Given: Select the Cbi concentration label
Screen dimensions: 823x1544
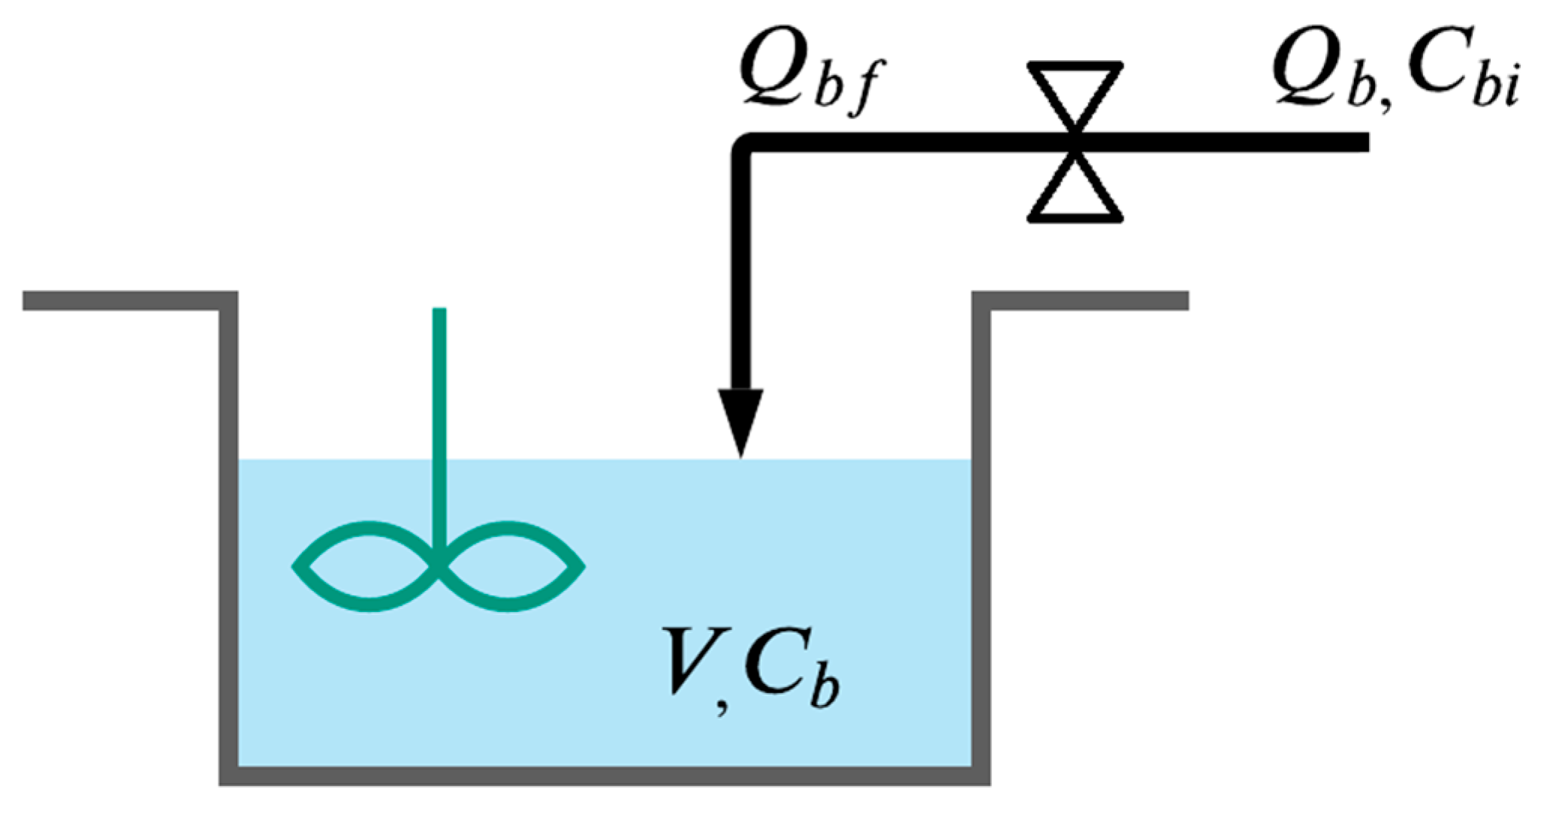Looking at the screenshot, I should pyautogui.click(x=1457, y=75).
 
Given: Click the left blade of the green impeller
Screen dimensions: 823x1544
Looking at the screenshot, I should pyautogui.click(x=367, y=566).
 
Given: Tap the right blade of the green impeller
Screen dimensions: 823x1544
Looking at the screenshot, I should pyautogui.click(x=511, y=566).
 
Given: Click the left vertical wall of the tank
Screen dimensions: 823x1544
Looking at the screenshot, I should pyautogui.click(x=229, y=541).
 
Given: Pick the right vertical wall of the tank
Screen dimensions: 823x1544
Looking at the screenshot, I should pyautogui.click(x=981, y=541).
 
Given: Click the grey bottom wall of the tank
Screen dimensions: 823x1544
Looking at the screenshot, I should pyautogui.click(x=605, y=776).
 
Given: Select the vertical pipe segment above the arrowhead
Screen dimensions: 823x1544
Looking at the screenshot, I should pyautogui.click(x=741, y=270).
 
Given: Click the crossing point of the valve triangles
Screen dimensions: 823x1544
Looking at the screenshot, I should pyautogui.click(x=1075, y=142).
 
